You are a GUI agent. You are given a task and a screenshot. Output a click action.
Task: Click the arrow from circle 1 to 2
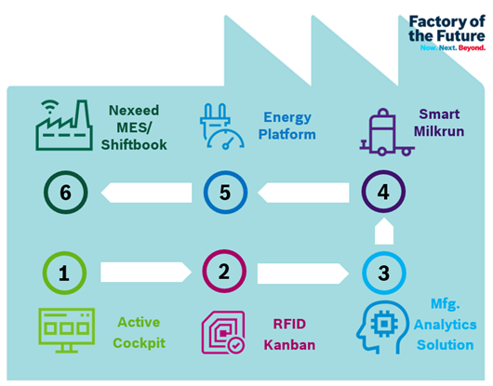146,272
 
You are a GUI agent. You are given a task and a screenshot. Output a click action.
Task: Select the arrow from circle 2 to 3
303,273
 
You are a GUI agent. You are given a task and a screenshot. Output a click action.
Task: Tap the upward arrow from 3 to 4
384,231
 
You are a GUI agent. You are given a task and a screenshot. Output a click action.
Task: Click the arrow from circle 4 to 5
303,193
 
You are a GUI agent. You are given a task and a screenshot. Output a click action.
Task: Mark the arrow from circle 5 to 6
146,193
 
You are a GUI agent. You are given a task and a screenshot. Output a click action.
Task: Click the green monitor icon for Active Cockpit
67,330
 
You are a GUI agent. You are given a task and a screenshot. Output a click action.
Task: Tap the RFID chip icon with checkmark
223,332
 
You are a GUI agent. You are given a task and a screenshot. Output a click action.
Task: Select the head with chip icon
382,327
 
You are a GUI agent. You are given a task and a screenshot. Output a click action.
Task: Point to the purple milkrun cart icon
387,132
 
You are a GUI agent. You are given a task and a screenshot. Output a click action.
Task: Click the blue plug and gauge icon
222,126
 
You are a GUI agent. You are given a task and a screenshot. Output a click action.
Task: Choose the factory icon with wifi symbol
64,126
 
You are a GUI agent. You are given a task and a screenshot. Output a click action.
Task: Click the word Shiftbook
134,145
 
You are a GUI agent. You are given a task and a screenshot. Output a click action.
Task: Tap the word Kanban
289,345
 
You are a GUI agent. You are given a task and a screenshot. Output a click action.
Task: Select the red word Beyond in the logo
472,47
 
